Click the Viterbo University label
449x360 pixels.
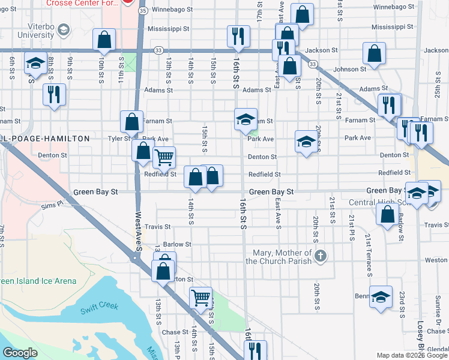click(32, 32)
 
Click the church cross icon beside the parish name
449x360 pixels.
click(321, 256)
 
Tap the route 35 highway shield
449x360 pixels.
click(142, 11)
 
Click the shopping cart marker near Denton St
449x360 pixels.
click(164, 158)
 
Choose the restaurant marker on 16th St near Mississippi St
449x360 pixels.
click(238, 36)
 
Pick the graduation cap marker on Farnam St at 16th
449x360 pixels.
click(245, 119)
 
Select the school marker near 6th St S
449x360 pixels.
click(35, 62)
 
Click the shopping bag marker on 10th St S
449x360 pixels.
click(104, 40)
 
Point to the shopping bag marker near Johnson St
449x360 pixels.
click(375, 54)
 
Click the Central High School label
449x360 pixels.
click(378, 203)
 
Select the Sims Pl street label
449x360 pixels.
click(52, 205)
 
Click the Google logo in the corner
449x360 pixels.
click(20, 353)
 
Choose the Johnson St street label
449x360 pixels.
click(350, 70)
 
